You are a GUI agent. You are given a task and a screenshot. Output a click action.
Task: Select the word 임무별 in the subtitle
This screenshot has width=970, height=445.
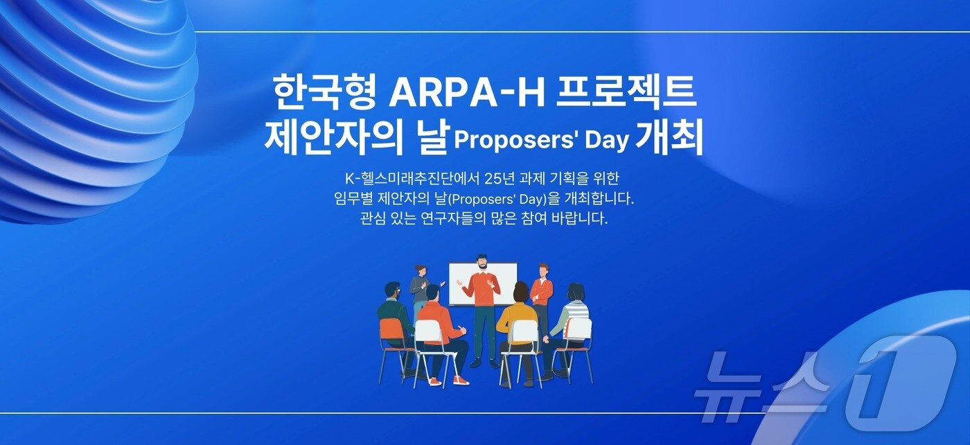coord(353,199)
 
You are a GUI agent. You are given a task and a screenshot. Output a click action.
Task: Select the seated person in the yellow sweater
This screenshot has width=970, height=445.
coord(517,319)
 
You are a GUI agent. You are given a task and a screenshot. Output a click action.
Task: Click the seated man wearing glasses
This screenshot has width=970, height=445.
coord(394,308)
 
